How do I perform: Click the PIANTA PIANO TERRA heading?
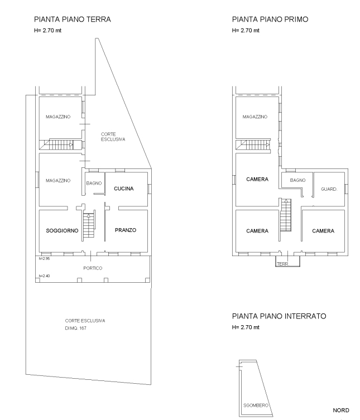pyautogui.click(x=73, y=20)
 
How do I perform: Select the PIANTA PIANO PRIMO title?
pyautogui.click(x=270, y=20)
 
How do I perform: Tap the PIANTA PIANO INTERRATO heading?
pyautogui.click(x=279, y=316)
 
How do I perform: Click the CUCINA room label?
pyautogui.click(x=123, y=189)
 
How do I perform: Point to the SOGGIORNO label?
pyautogui.click(x=62, y=230)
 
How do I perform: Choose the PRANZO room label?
pyautogui.click(x=126, y=230)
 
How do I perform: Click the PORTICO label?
pyautogui.click(x=93, y=268)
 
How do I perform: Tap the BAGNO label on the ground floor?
pyautogui.click(x=94, y=183)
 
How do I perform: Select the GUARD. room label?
pyautogui.click(x=329, y=189)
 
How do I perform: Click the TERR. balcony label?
pyautogui.click(x=283, y=264)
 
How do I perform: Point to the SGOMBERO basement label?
pyautogui.click(x=256, y=405)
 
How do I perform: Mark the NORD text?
pyautogui.click(x=341, y=411)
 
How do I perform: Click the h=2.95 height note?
pyautogui.click(x=44, y=259)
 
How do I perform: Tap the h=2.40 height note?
pyautogui.click(x=44, y=276)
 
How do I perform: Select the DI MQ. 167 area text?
pyautogui.click(x=75, y=328)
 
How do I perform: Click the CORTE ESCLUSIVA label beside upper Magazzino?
pyautogui.click(x=113, y=137)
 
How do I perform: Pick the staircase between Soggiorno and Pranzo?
pyautogui.click(x=89, y=225)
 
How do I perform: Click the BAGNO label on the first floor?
pyautogui.click(x=297, y=180)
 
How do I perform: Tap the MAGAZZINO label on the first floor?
pyautogui.click(x=255, y=117)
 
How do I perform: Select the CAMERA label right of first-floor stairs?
pyautogui.click(x=323, y=231)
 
